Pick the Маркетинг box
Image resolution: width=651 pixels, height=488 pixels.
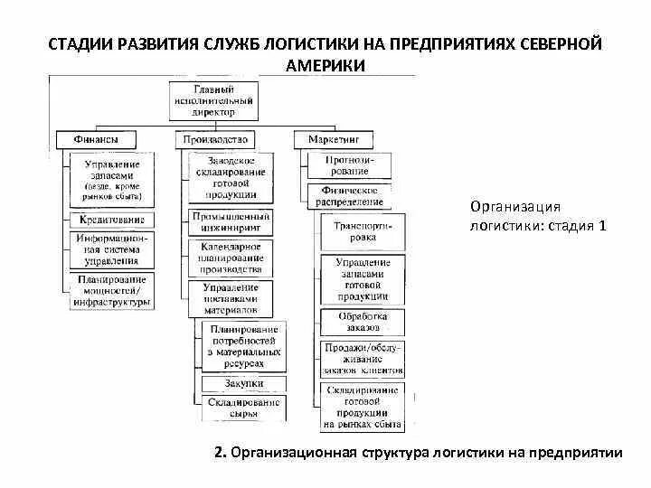(x=334, y=139)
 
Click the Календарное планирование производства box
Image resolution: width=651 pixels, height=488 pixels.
(x=231, y=257)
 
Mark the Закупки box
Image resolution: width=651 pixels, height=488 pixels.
(x=243, y=384)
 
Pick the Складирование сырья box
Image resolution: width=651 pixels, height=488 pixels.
(x=243, y=408)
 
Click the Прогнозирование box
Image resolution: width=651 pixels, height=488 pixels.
(x=349, y=164)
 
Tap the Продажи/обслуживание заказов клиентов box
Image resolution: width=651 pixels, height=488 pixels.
(x=363, y=358)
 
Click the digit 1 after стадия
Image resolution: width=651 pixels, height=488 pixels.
(x=600, y=226)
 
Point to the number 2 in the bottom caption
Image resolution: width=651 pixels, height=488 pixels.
(x=220, y=453)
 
